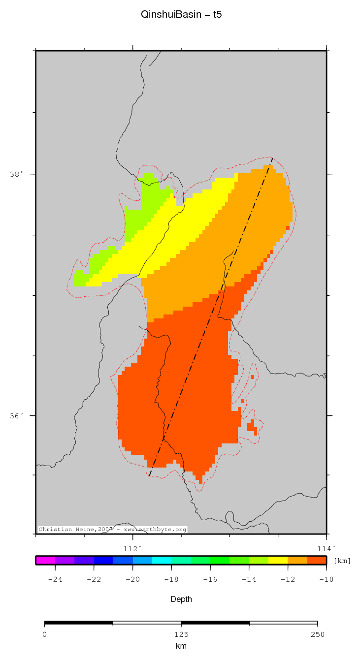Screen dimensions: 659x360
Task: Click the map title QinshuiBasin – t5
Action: click(x=181, y=15)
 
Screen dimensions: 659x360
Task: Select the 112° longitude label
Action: click(x=132, y=548)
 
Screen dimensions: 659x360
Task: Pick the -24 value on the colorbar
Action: click(x=55, y=579)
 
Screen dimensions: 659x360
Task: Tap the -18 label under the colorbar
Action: click(x=171, y=579)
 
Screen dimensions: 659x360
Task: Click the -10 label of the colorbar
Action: click(x=326, y=579)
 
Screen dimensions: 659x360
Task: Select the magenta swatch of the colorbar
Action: click(x=45, y=560)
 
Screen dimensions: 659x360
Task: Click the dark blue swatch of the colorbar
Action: click(x=103, y=560)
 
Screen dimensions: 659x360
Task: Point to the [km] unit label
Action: click(x=342, y=561)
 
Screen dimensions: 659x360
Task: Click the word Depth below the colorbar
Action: click(x=181, y=599)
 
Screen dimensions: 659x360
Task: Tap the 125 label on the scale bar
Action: click(x=181, y=634)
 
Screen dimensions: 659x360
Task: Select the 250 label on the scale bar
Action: click(x=318, y=634)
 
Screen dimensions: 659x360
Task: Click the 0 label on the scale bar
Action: click(x=45, y=634)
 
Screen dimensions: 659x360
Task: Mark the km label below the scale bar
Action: click(x=181, y=646)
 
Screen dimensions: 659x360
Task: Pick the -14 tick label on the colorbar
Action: click(x=249, y=579)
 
